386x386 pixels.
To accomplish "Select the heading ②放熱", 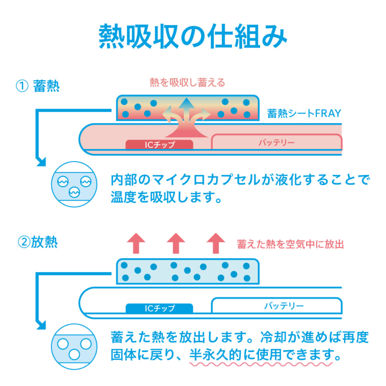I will coord(38,242).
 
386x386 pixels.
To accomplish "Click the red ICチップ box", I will coord(159,145).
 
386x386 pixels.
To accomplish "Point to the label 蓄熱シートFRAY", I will coord(304,114).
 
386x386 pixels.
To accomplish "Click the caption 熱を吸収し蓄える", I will coord(187,83).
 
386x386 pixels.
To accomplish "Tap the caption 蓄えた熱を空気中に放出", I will coord(290,244).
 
